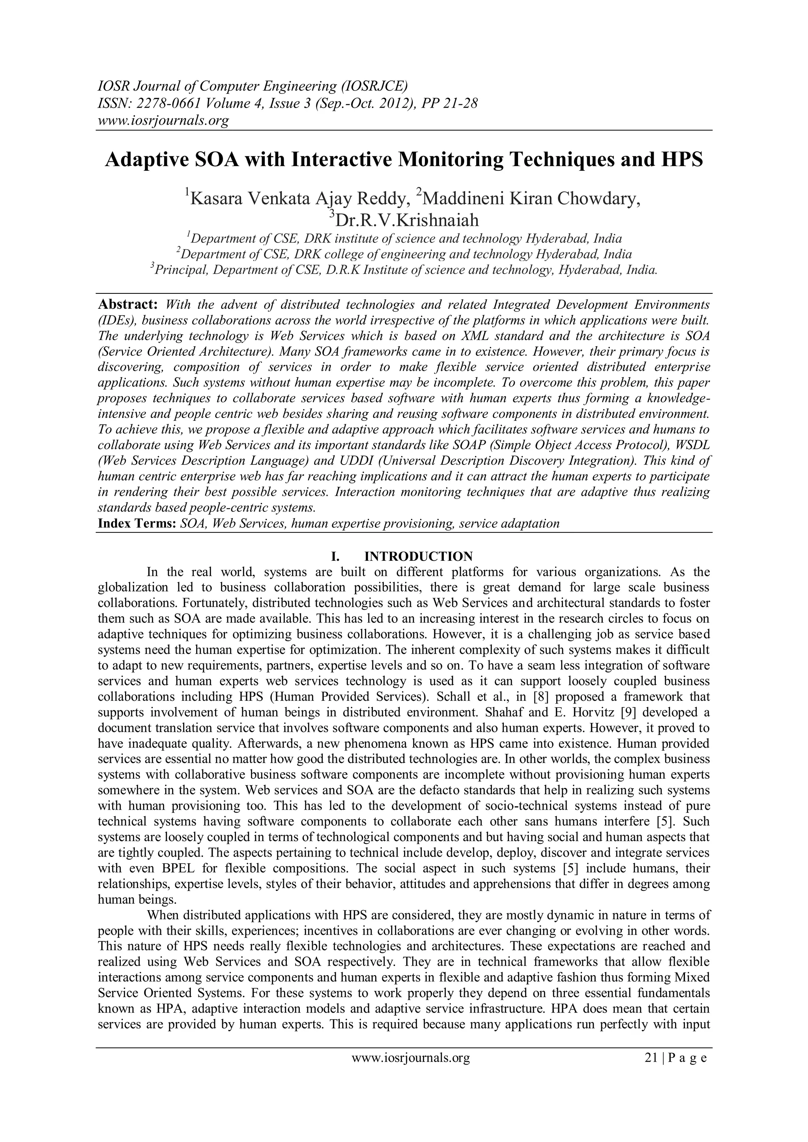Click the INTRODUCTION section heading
pyautogui.click(x=419, y=556)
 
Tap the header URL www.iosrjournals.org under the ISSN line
pyautogui.click(x=163, y=120)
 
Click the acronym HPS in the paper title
pyautogui.click(x=682, y=160)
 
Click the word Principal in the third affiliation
pyautogui.click(x=175, y=270)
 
